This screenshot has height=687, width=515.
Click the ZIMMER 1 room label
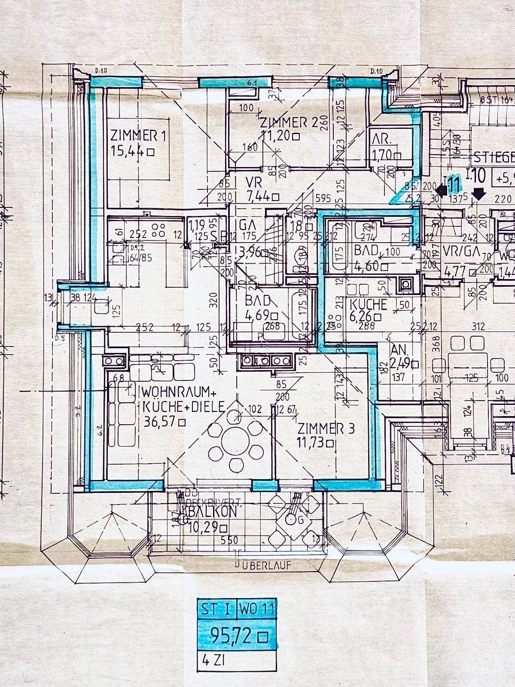(x=138, y=136)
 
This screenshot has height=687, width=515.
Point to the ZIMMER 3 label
(x=326, y=429)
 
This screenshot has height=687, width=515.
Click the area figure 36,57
(x=160, y=422)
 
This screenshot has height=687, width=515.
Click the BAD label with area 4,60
(x=366, y=250)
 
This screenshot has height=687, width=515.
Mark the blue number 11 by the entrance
(x=454, y=184)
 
